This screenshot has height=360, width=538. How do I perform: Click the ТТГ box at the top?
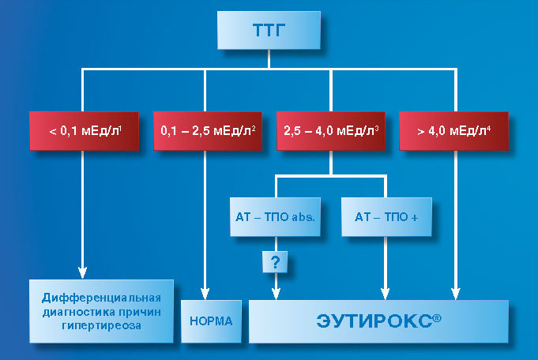tap(269, 30)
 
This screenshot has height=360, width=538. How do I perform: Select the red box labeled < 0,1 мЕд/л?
tap(84, 130)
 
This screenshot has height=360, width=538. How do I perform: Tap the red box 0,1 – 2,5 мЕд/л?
tap(208, 130)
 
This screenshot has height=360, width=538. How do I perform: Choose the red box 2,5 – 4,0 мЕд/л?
tap(331, 130)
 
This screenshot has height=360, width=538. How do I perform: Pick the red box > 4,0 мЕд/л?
tap(453, 130)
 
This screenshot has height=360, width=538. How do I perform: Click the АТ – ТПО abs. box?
tap(275, 216)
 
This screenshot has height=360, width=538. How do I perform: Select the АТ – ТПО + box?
tap(386, 216)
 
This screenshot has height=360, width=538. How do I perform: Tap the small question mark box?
tap(275, 262)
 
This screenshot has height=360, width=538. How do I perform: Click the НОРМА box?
tap(211, 321)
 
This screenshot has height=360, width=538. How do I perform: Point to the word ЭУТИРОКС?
tap(374, 321)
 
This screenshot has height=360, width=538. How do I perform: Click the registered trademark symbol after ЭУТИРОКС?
tap(437, 318)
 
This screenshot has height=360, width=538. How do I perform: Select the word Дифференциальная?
tap(101, 298)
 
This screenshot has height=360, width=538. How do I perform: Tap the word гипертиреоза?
tap(101, 325)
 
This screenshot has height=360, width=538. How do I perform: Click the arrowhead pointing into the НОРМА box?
tap(205, 294)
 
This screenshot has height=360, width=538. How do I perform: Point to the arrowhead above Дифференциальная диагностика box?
tap(82, 273)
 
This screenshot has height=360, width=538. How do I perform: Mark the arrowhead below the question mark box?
tap(276, 294)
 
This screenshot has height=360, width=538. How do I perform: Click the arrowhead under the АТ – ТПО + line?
tap(385, 294)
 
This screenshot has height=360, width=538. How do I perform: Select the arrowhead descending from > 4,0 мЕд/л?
tap(455, 294)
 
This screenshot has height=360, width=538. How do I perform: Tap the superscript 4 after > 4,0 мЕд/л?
tap(488, 129)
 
